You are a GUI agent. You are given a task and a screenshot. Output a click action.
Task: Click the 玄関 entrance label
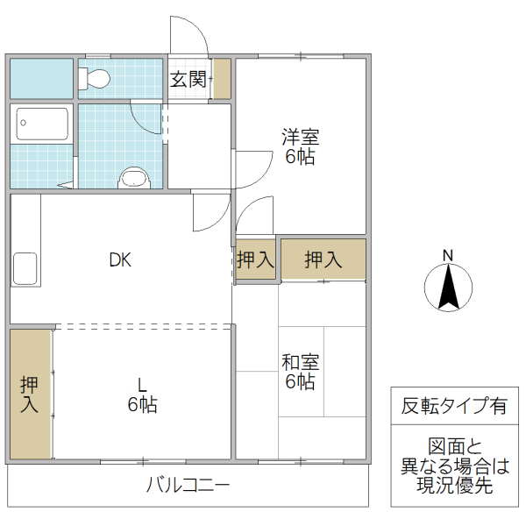pyautogui.click(x=188, y=80)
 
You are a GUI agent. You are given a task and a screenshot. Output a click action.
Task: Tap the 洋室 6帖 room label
pyautogui.click(x=300, y=147)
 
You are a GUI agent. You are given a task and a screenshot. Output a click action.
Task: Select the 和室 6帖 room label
pyautogui.click(x=300, y=372)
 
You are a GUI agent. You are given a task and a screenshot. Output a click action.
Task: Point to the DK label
pyautogui.click(x=120, y=259)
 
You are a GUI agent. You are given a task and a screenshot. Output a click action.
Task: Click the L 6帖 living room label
pyautogui.click(x=142, y=395)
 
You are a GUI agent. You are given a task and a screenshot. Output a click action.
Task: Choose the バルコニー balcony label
pyautogui.click(x=188, y=485)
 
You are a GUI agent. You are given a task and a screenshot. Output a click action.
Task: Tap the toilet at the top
pyautogui.click(x=94, y=79)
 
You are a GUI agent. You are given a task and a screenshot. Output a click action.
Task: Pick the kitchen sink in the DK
pyautogui.click(x=25, y=267)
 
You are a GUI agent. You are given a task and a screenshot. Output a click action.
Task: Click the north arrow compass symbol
pyautogui.click(x=448, y=288)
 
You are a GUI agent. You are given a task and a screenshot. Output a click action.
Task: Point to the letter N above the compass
pyautogui.click(x=448, y=255)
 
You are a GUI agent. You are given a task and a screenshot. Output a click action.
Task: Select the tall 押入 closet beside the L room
pyautogui.click(x=31, y=394)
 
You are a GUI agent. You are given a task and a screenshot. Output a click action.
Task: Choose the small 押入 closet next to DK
pyautogui.click(x=255, y=259)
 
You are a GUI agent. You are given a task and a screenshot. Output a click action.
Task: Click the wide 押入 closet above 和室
pyautogui.click(x=323, y=259)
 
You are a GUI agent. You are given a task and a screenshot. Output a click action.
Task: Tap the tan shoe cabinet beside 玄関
pyautogui.click(x=222, y=79)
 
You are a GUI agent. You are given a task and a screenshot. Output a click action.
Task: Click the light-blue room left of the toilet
pyautogui.click(x=40, y=79)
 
